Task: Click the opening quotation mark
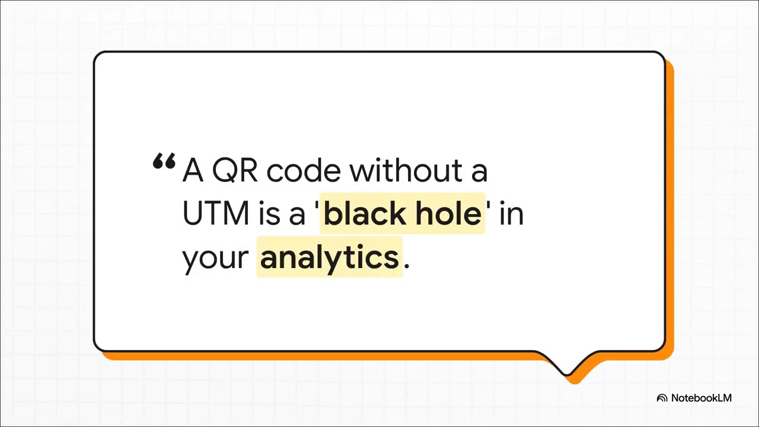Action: tap(164, 162)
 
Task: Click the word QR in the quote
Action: tap(235, 171)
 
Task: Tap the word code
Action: tap(304, 171)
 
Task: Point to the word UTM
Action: tap(216, 213)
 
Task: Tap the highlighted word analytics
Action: tap(329, 257)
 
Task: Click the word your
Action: tap(215, 259)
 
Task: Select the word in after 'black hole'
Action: tap(512, 213)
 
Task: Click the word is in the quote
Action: tap(269, 213)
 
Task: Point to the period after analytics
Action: tap(406, 266)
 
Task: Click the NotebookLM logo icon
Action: tap(662, 399)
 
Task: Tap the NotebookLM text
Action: tap(701, 398)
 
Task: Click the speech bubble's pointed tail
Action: tap(568, 368)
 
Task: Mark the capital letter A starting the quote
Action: tap(193, 171)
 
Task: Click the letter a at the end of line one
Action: tap(480, 172)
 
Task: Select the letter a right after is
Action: tap(296, 215)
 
